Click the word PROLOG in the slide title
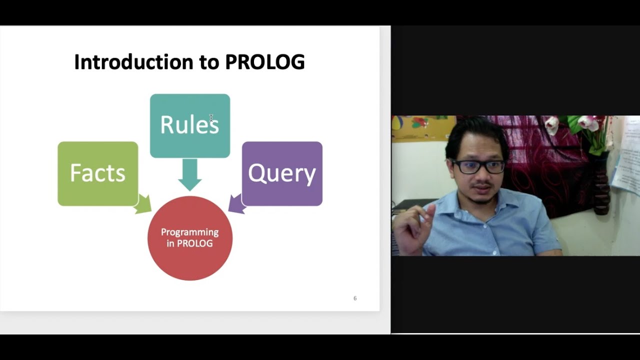(x=264, y=62)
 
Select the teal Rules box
(x=190, y=125)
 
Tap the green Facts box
(x=97, y=173)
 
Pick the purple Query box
(x=282, y=173)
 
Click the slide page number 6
(x=355, y=298)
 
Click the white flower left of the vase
(x=552, y=124)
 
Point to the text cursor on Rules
(x=211, y=118)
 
